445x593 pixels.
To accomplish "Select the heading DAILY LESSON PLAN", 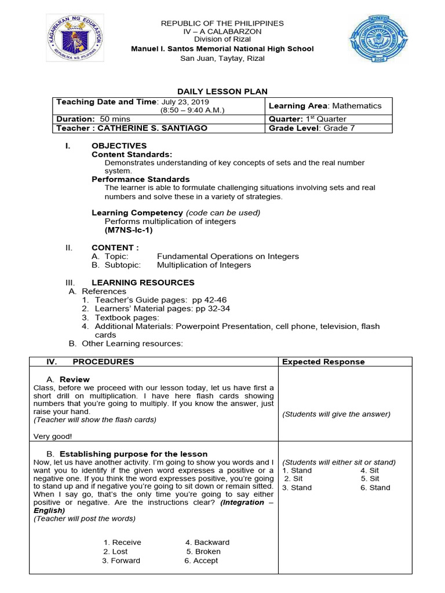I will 222,91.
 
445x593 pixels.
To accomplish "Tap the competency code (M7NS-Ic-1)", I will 129,230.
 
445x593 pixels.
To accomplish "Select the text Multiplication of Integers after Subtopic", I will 204,265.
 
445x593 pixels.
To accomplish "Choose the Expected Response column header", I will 323,362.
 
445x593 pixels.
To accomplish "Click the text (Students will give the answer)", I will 336,414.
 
